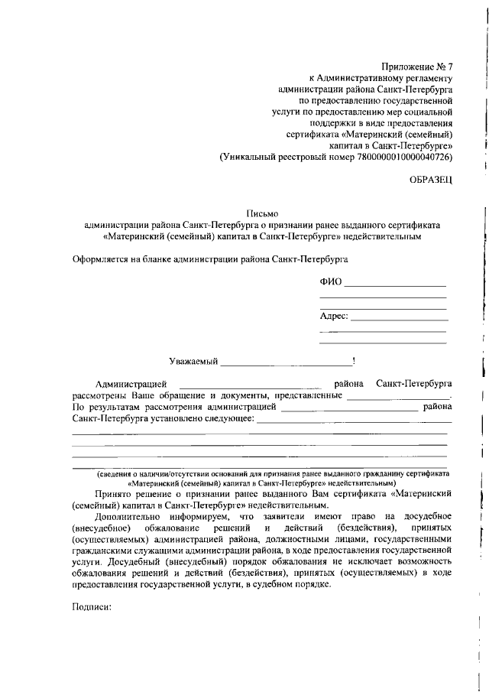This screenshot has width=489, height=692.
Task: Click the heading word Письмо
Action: point(261,213)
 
